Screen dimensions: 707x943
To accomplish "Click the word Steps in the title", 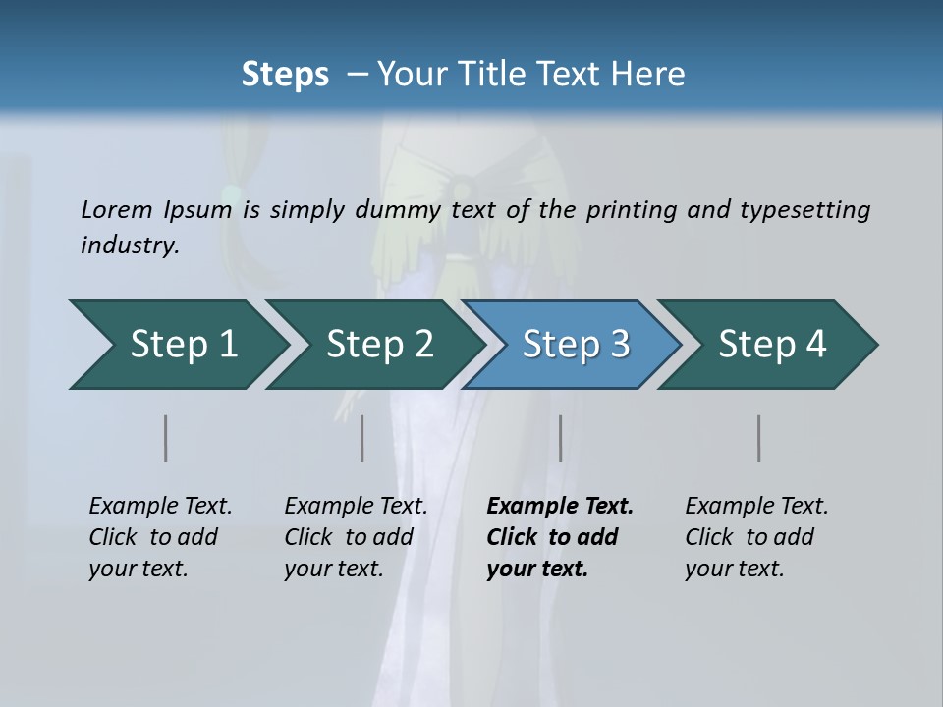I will click(285, 74).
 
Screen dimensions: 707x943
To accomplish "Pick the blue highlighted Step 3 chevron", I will click(576, 345).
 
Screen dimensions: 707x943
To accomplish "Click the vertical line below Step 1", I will click(166, 438).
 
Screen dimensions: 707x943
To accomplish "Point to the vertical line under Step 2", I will click(362, 438).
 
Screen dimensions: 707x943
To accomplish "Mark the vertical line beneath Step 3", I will click(561, 438).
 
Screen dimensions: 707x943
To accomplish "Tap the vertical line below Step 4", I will click(759, 438).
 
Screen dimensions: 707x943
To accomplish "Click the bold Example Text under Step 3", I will click(560, 507).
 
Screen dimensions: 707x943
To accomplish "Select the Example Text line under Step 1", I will click(160, 507).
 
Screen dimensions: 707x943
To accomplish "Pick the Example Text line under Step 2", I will click(356, 507).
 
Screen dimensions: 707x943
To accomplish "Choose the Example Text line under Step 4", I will click(756, 507).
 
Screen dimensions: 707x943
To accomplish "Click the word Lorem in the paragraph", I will click(117, 210).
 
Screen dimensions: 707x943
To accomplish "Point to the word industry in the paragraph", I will click(130, 245).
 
